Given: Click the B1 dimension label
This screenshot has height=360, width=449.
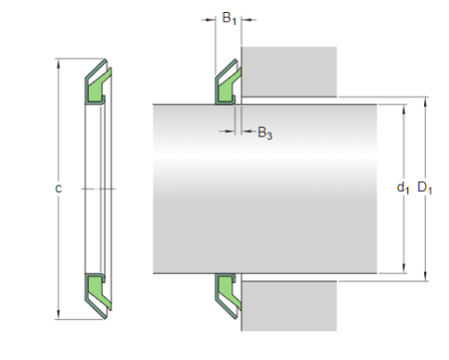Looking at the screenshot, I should [228, 18].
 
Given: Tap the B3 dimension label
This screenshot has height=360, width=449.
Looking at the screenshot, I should [264, 133].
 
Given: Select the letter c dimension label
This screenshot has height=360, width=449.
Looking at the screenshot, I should [59, 188].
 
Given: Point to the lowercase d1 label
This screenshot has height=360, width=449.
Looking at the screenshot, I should [402, 186].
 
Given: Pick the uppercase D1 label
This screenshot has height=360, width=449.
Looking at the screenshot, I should [425, 186].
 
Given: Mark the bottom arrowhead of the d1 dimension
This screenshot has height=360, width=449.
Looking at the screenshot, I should [404, 271].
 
